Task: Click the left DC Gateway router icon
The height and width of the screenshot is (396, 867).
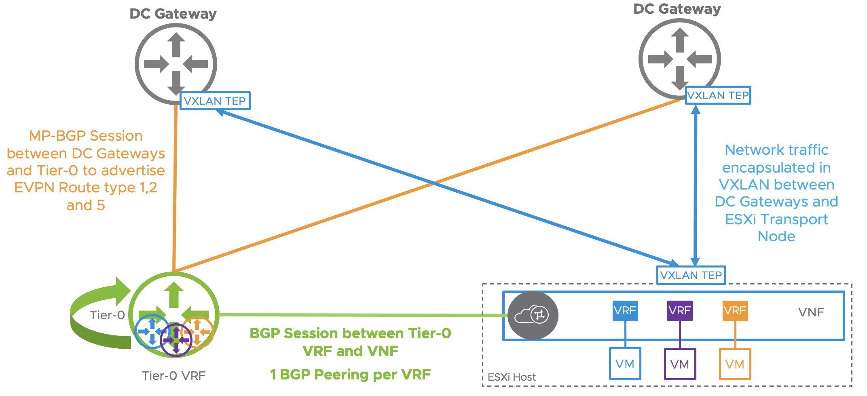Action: click(176, 64)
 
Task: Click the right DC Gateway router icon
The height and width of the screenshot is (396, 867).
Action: click(679, 59)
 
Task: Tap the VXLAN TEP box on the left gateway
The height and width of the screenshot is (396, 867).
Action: click(215, 101)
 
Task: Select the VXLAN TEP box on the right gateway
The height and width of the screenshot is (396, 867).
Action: click(718, 95)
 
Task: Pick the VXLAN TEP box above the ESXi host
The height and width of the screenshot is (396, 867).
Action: click(691, 275)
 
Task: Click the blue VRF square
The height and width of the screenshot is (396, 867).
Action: click(625, 311)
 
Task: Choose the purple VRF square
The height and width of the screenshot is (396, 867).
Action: click(680, 311)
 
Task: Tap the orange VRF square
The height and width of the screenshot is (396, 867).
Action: click(735, 311)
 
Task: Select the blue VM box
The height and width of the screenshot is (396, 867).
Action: click(625, 364)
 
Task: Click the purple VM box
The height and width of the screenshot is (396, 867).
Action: click(680, 364)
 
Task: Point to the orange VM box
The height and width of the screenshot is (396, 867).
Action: click(735, 364)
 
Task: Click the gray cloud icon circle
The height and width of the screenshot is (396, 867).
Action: click(533, 315)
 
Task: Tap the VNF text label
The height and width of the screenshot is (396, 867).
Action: click(811, 312)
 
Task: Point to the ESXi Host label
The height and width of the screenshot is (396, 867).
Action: click(512, 377)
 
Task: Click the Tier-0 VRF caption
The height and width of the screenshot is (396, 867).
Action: click(173, 376)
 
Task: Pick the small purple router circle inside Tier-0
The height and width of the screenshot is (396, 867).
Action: click(176, 340)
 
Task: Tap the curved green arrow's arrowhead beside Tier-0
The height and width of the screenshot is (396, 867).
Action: click(122, 291)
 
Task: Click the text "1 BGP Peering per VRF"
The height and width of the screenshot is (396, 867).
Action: click(350, 375)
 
